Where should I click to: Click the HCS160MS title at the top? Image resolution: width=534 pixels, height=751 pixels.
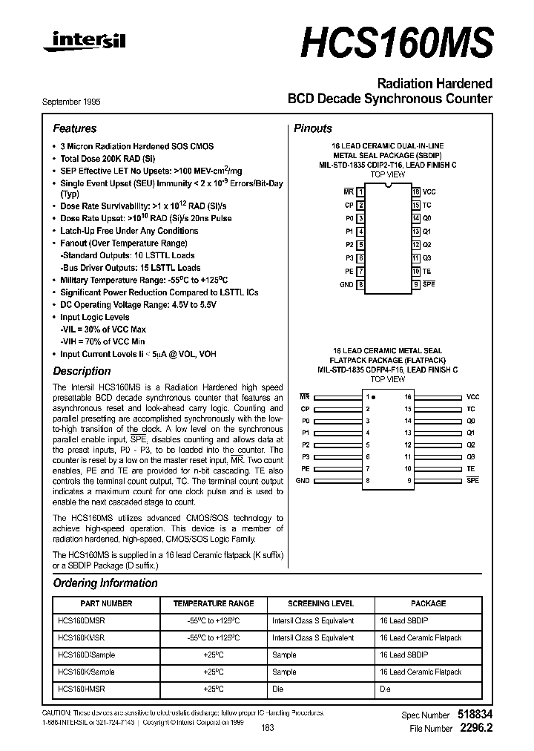tap(397, 43)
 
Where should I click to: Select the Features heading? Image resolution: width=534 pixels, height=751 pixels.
tap(74, 128)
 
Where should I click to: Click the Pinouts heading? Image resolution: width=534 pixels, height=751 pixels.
tap(313, 128)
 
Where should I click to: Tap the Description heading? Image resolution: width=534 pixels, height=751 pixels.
tap(82, 371)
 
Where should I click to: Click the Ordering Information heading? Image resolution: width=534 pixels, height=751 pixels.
tap(105, 583)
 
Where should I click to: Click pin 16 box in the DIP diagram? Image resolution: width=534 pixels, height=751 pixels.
tap(416, 191)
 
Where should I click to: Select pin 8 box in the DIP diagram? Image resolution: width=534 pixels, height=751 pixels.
tap(360, 284)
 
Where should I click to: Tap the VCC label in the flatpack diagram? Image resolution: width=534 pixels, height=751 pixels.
tap(472, 397)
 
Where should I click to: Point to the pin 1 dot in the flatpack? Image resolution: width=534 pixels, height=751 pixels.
tap(374, 398)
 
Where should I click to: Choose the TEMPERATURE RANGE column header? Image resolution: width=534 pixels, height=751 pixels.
tap(214, 604)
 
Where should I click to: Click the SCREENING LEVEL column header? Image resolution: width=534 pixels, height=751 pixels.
tap(320, 604)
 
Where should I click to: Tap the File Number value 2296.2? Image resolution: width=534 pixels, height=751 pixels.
tap(475, 729)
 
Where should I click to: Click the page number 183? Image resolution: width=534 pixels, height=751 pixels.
tap(268, 728)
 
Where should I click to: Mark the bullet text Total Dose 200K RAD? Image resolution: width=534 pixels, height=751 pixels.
tap(108, 159)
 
